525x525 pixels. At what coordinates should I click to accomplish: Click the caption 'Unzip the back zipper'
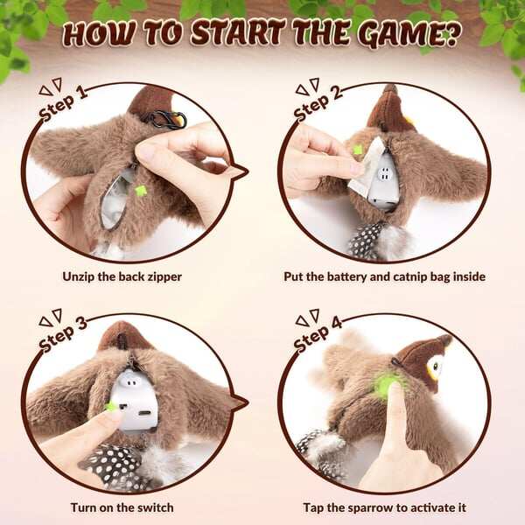pos(122,276)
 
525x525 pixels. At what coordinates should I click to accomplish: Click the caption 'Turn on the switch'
pos(122,507)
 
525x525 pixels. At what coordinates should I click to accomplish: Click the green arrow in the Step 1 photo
pos(140,190)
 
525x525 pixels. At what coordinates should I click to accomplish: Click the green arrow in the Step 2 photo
pos(357,150)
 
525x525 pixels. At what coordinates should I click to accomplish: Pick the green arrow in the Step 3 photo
pos(111,406)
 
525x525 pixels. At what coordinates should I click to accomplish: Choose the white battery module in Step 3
pos(138,399)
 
